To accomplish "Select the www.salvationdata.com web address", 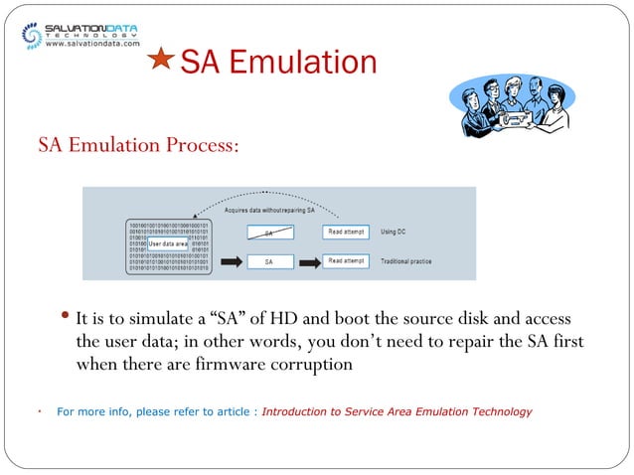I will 92,44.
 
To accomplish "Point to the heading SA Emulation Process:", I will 138,146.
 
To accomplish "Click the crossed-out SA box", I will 267,233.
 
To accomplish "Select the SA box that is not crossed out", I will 267,262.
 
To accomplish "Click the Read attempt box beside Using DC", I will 347,232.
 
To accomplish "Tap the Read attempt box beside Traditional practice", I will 347,262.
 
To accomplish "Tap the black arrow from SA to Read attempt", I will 310,262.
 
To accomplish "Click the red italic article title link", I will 396,411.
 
